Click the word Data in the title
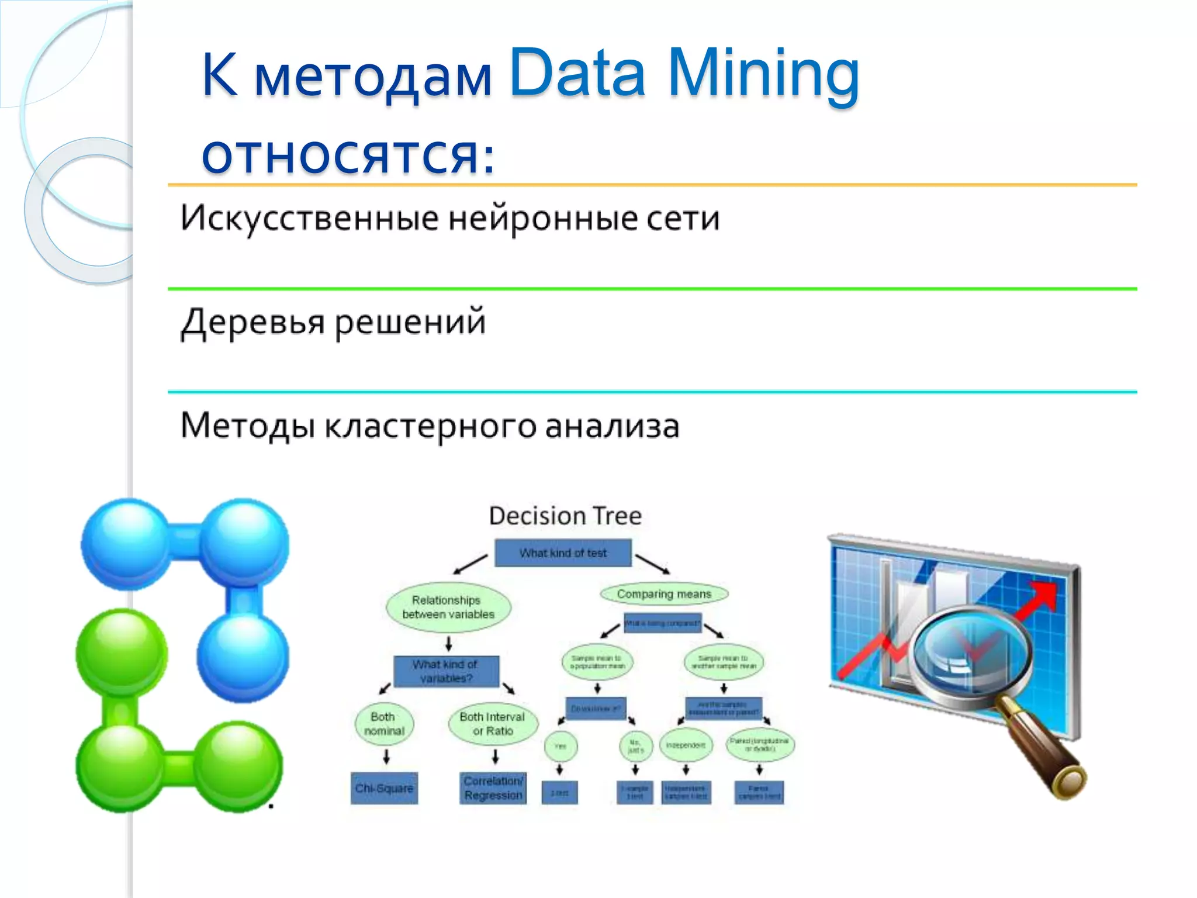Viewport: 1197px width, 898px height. (x=577, y=73)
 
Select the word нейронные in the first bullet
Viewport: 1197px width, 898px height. (x=543, y=218)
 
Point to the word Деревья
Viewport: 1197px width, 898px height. (x=252, y=322)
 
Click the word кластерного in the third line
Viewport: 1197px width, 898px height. (x=430, y=426)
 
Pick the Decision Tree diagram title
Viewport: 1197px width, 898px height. (x=565, y=516)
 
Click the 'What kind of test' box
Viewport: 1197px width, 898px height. (x=563, y=552)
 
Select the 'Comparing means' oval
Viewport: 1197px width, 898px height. (x=664, y=594)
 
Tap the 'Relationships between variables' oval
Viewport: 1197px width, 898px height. (x=448, y=607)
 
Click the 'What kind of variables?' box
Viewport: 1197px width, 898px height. (x=446, y=671)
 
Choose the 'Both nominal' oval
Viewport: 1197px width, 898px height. (x=384, y=724)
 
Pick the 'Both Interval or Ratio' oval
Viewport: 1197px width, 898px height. (x=492, y=724)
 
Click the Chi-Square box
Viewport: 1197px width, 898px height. (x=384, y=788)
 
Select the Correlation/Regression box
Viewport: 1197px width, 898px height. (x=493, y=788)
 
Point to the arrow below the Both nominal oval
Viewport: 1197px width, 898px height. (x=386, y=757)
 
